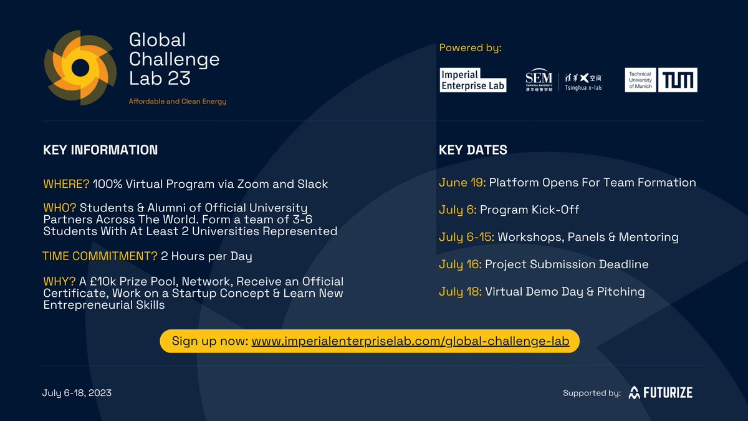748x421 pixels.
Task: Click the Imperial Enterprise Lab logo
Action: pyautogui.click(x=473, y=80)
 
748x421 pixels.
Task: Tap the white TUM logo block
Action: pyautogui.click(x=679, y=80)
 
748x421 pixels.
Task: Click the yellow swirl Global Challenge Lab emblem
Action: pyautogui.click(x=80, y=67)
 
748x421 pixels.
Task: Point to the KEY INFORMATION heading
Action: pyautogui.click(x=100, y=150)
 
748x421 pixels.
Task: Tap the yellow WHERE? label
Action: pyautogui.click(x=67, y=184)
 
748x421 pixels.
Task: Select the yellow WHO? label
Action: pyautogui.click(x=60, y=208)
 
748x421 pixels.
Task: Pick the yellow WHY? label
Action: pyautogui.click(x=59, y=281)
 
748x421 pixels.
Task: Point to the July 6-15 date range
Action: pyautogui.click(x=466, y=237)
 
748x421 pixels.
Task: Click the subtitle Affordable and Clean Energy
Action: pyautogui.click(x=178, y=102)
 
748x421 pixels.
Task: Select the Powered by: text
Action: pyautogui.click(x=470, y=48)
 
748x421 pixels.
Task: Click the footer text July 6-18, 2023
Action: pyautogui.click(x=77, y=393)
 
